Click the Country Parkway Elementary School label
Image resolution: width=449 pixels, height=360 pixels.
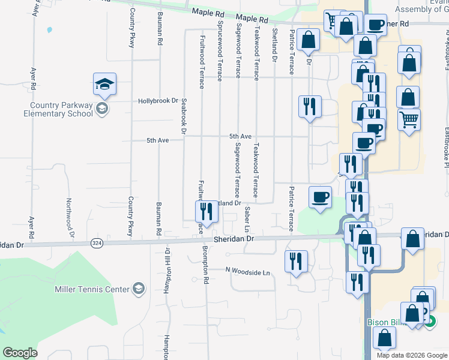58,109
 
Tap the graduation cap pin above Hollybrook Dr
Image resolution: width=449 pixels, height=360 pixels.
104,85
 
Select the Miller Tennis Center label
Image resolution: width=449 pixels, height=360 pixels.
92,289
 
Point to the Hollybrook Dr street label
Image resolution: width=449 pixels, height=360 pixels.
158,101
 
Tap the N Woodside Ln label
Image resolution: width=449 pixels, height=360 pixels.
248,272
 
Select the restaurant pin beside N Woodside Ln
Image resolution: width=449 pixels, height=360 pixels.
296,261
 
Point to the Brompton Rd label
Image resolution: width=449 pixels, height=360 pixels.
205,267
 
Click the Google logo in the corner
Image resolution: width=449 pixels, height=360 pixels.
20,353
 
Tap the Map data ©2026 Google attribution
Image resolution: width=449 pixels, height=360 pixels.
411,355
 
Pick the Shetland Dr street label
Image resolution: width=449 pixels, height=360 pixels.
274,45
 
